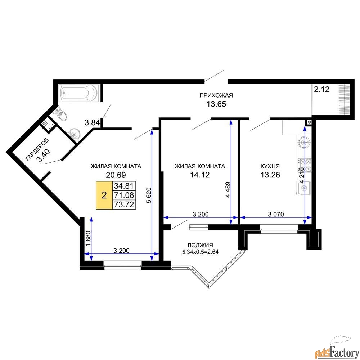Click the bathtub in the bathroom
click(x=78, y=93)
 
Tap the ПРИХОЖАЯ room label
click(x=216, y=95)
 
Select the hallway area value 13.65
click(x=216, y=104)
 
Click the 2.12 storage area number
click(x=321, y=89)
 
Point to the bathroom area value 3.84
click(x=92, y=123)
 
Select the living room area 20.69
click(x=116, y=175)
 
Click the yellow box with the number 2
click(x=104, y=195)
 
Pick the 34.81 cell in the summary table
click(x=124, y=186)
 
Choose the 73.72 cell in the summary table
click(x=124, y=204)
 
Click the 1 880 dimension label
click(x=89, y=239)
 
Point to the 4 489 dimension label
click(x=228, y=190)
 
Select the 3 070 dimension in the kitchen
click(x=276, y=215)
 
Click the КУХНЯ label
click(x=270, y=166)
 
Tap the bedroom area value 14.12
click(x=200, y=175)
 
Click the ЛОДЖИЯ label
click(x=200, y=245)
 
